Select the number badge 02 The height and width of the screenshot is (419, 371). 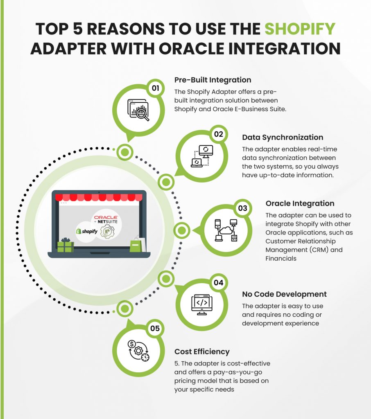[x=218, y=134]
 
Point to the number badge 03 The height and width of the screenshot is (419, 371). [x=242, y=208]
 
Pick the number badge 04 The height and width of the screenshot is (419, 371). [x=218, y=282]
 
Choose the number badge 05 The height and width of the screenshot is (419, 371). [x=155, y=328]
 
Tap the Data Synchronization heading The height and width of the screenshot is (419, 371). [x=283, y=137]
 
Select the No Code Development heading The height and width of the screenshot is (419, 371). [x=284, y=294]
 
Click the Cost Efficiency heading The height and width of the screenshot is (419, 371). [x=202, y=351]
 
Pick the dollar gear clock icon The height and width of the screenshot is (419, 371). [x=138, y=350]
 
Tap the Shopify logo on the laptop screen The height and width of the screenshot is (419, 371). [x=86, y=231]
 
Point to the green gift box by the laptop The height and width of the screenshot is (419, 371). [x=66, y=245]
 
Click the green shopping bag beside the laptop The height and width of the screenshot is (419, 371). [x=136, y=246]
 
